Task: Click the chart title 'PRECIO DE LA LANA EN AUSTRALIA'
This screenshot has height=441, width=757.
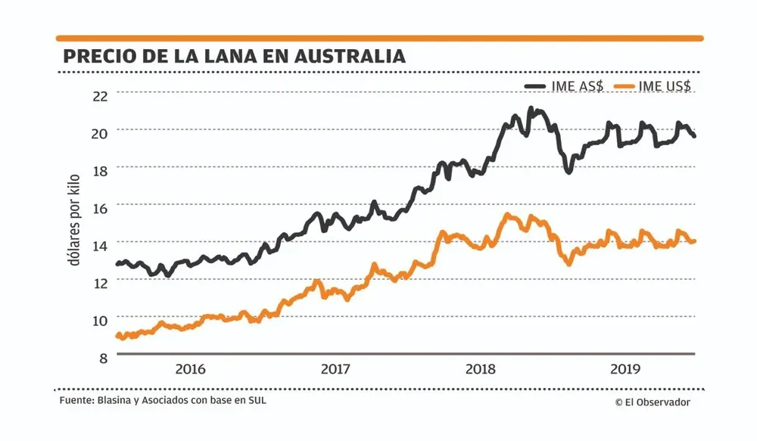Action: (x=234, y=57)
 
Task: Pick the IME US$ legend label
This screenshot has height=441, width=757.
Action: (x=665, y=86)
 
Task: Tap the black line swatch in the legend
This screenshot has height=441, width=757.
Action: (x=537, y=86)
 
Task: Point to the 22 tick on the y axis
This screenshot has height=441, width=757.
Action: (x=100, y=95)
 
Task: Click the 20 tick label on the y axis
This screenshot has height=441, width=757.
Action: (x=100, y=132)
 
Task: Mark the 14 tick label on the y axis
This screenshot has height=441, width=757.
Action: (x=100, y=244)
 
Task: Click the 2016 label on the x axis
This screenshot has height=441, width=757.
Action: (x=190, y=370)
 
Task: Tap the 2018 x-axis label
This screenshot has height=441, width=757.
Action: (x=481, y=370)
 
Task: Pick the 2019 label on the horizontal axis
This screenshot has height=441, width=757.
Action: (x=626, y=370)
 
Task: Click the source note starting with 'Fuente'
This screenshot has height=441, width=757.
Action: (x=163, y=400)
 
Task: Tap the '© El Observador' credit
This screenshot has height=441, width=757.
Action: (x=653, y=402)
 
